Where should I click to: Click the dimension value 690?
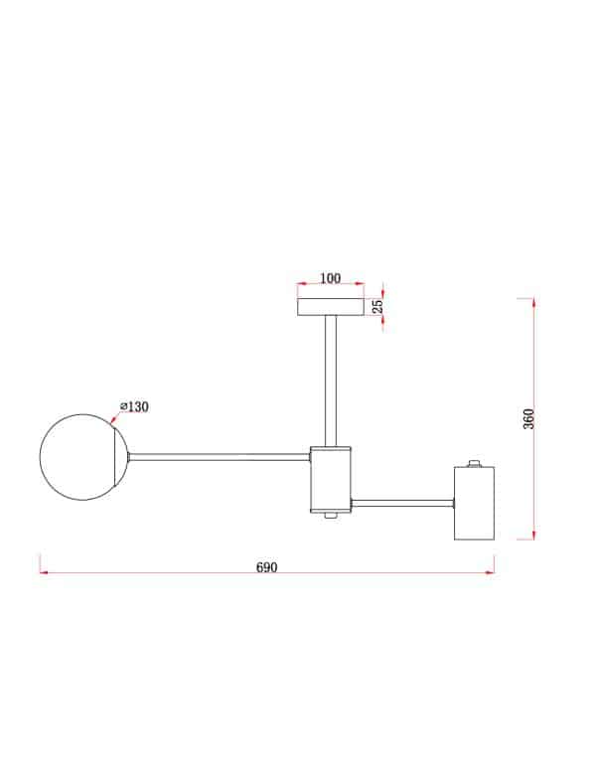266,567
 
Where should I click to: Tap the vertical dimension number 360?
528,418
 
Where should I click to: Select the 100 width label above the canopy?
330,279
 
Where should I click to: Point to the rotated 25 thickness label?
377,306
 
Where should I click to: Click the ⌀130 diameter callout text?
134,406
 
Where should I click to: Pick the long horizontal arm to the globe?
220,458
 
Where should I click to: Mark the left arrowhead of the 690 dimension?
44,573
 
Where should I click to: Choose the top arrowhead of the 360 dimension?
534,302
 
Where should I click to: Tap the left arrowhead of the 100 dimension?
301,288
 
